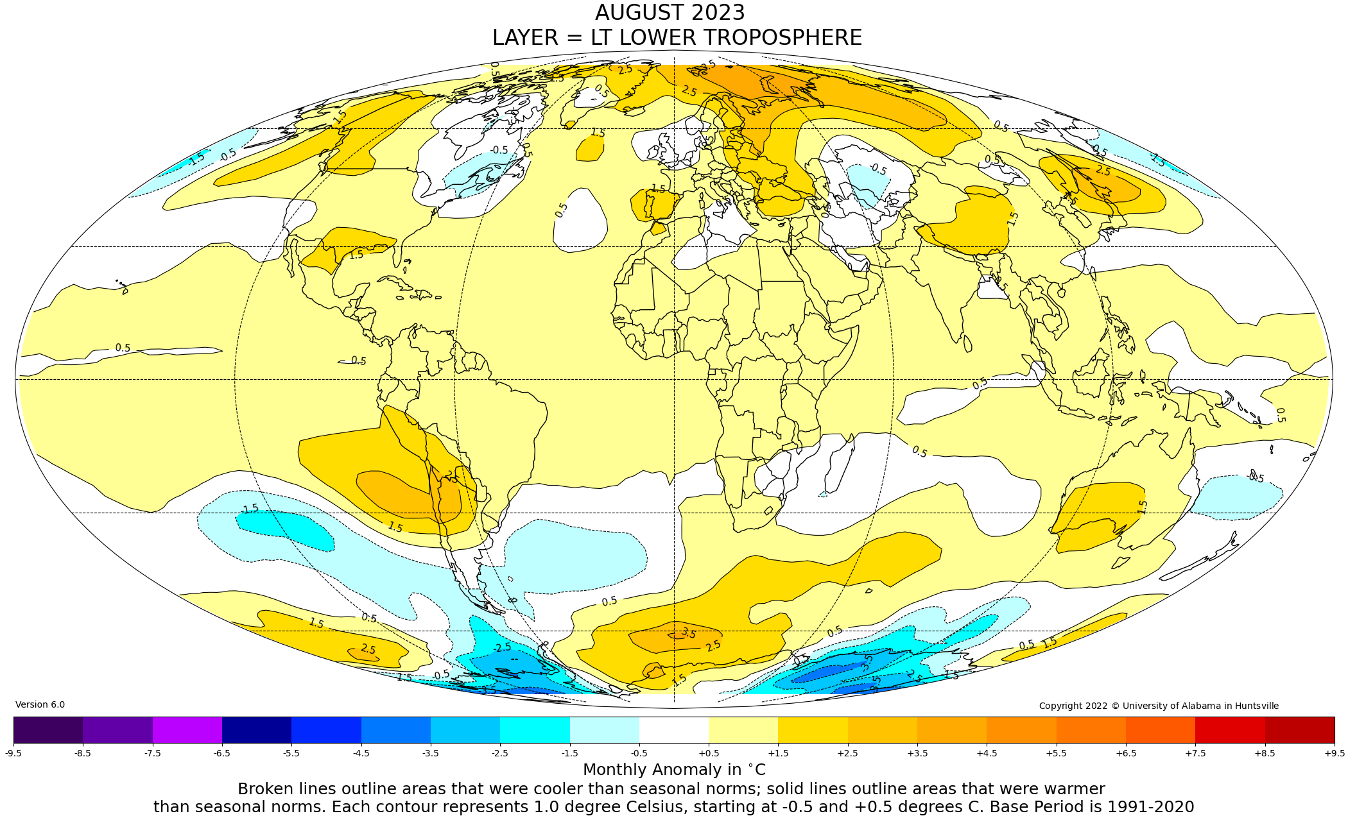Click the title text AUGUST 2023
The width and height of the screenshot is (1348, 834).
670,13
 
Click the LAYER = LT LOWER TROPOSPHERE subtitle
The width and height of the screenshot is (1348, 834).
677,38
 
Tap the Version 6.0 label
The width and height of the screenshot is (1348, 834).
40,704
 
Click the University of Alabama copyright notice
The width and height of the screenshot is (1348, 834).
1159,706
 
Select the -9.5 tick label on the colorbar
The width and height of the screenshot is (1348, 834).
13,753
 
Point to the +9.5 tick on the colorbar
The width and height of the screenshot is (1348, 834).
1334,753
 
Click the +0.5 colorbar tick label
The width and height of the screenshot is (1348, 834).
709,753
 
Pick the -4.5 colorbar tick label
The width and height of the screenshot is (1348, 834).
361,753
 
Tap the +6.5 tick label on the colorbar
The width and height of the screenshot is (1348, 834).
1125,753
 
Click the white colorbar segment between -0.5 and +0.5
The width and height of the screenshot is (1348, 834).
673,730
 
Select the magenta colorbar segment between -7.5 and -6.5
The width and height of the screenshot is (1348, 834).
187,730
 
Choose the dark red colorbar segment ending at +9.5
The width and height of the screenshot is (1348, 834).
1299,730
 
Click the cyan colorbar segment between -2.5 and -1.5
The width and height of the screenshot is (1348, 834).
534,730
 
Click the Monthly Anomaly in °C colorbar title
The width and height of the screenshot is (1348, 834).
674,770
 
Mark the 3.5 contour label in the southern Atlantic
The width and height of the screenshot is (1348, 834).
688,633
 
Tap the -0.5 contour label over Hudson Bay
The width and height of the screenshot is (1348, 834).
499,151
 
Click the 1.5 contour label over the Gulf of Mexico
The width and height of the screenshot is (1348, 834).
356,255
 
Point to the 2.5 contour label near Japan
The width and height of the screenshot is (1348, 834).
1103,171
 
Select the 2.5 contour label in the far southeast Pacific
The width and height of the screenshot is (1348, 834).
368,649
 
